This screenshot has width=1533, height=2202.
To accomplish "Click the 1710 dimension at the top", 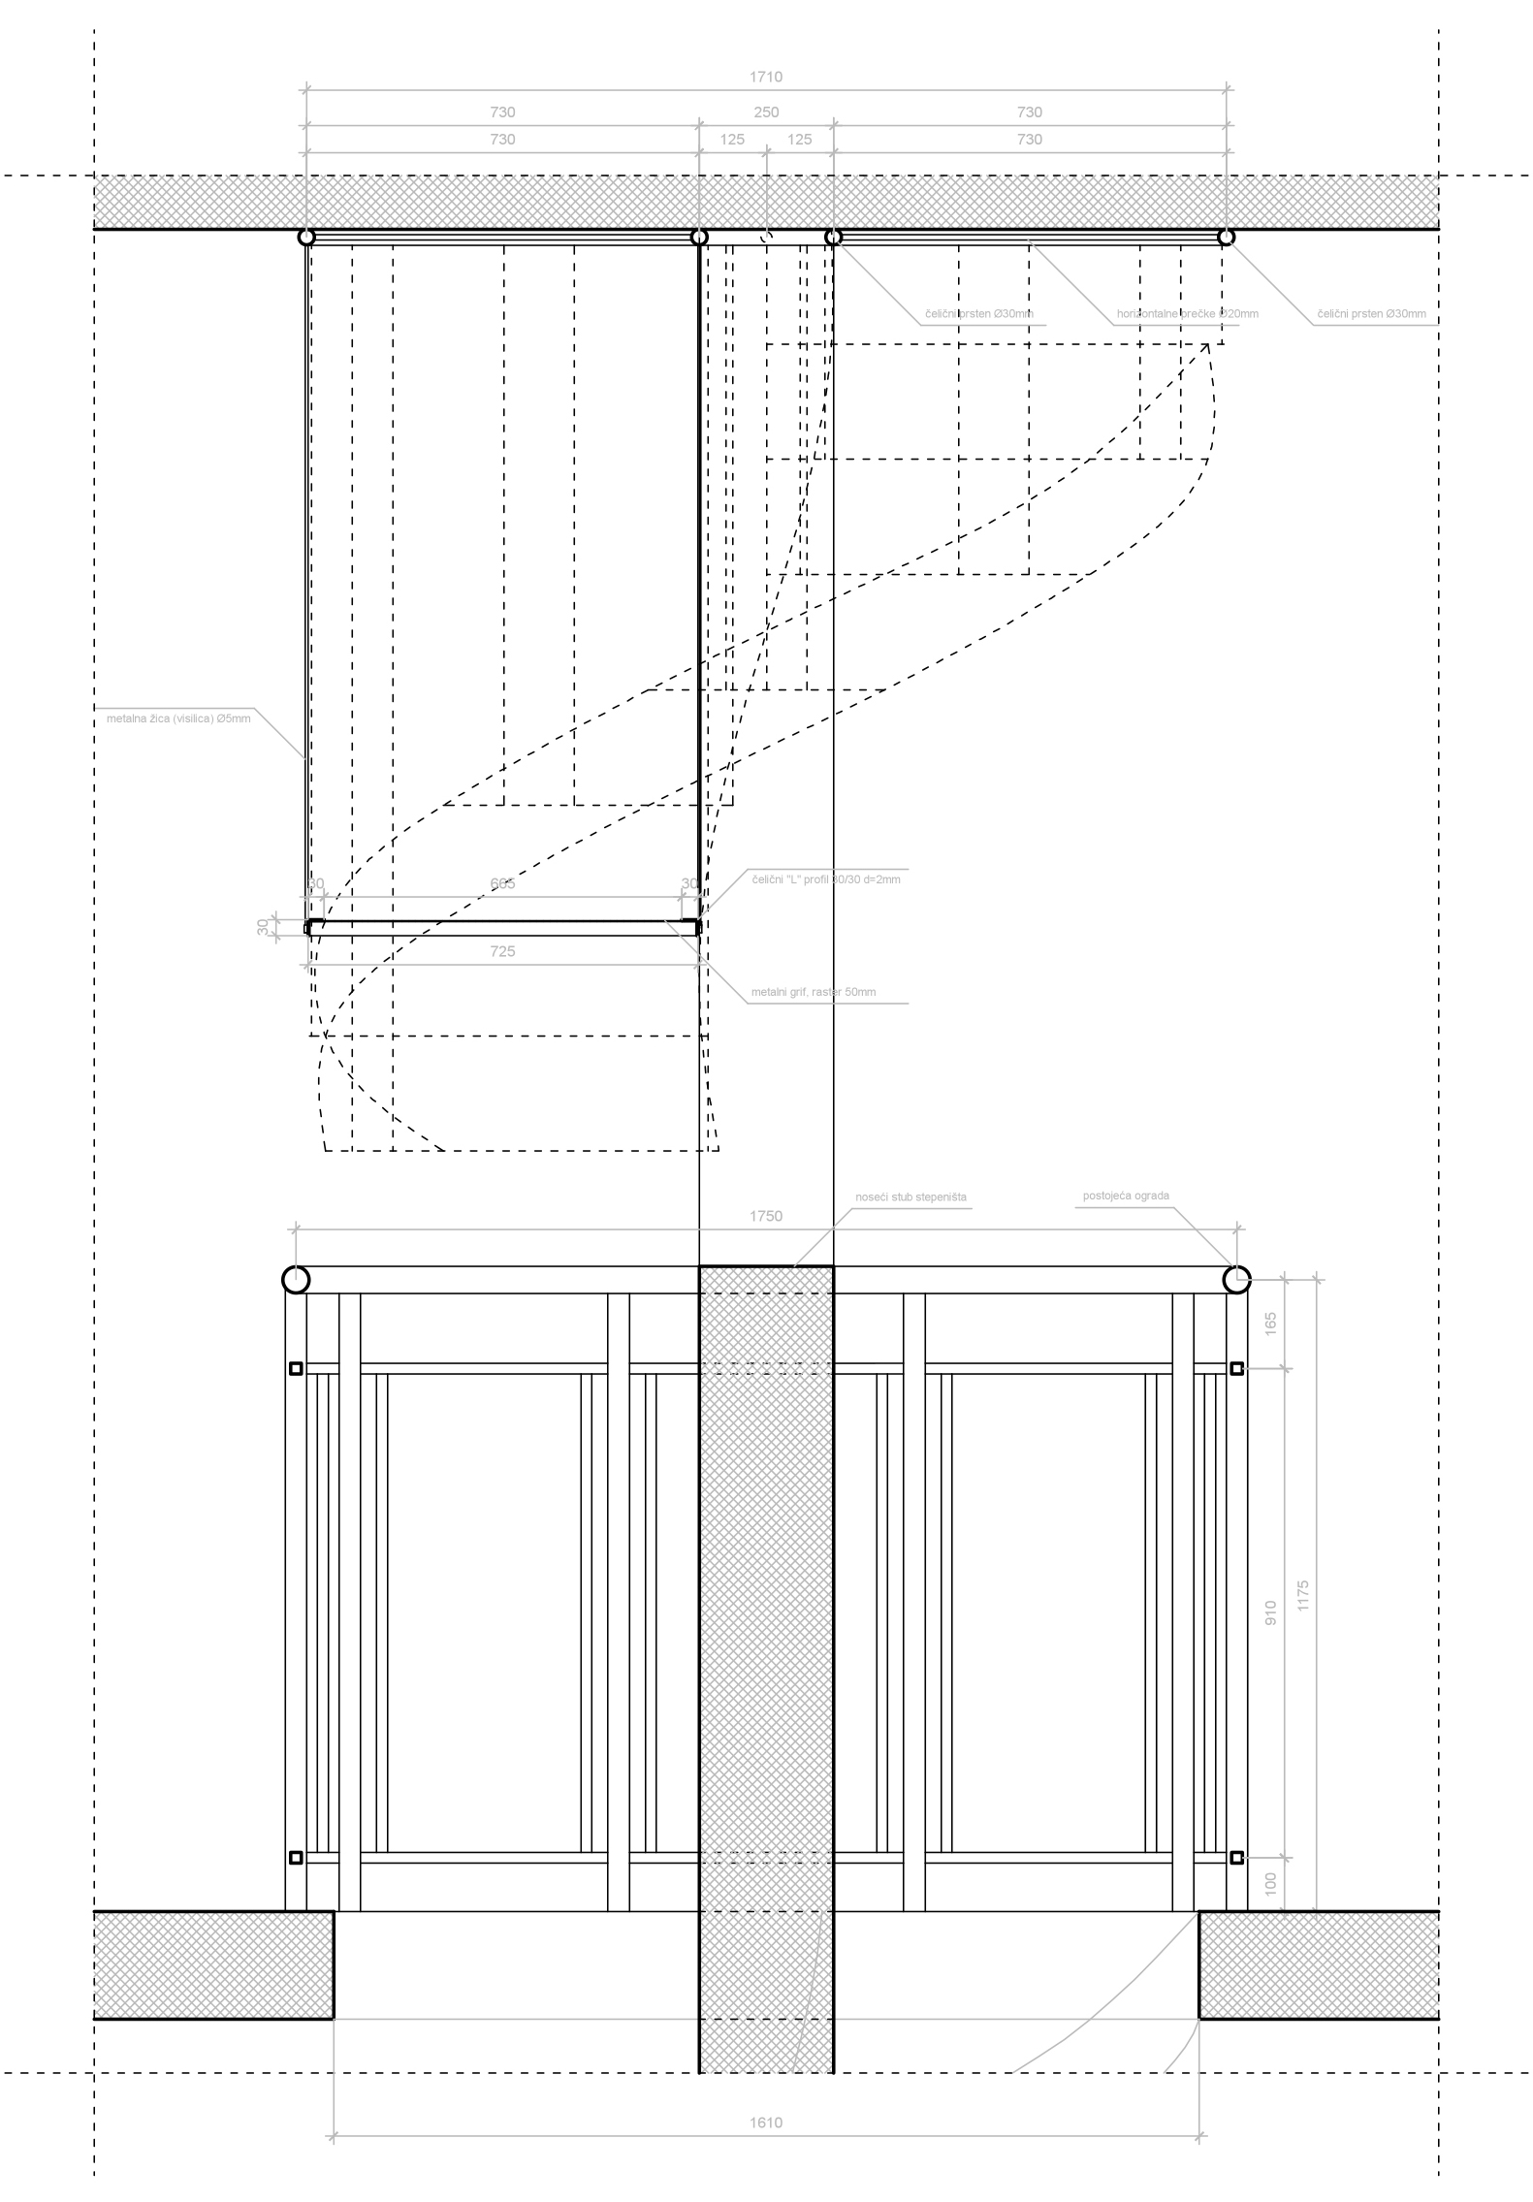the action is coord(765,77).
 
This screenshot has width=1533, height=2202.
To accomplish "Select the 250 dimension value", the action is coord(765,112).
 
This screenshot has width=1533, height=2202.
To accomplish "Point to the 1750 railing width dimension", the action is coord(765,1216).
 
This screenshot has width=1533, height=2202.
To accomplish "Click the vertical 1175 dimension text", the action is coord(1302,1596).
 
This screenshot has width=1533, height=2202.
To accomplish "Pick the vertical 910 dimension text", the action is coord(1270,1613).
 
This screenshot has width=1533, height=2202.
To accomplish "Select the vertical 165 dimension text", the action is coord(1270,1324).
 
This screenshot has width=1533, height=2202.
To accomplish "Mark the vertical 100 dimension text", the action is coord(1270,1884).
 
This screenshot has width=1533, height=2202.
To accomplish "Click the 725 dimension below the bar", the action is coord(502,951).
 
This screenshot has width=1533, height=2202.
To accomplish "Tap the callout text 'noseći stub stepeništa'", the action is coord(910,1197).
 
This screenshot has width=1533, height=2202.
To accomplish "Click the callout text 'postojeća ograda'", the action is coord(1126,1196).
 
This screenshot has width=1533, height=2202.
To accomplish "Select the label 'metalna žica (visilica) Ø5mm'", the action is coord(178,718).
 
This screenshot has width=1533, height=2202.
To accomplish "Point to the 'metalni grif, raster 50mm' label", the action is coord(814,992).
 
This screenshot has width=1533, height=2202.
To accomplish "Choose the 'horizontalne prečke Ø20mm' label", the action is coord(1188,314).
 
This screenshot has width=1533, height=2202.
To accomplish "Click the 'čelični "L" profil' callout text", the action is coord(826,879).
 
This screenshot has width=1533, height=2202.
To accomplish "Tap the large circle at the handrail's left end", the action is coord(296,1280).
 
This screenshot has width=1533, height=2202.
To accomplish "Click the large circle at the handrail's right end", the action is coord(1236,1280).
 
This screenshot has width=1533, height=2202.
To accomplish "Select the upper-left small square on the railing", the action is coord(297,1368).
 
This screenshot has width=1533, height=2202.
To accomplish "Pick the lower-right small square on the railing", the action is coord(1236,1858).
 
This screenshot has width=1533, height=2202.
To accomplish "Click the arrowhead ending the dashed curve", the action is coord(1205,346).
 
